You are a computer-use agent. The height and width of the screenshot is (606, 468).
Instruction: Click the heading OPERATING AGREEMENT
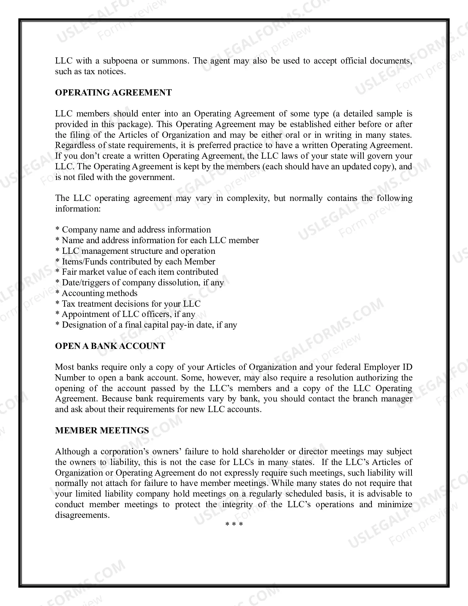coord(113,93)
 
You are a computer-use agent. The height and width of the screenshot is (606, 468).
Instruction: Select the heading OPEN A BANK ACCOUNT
coord(110,346)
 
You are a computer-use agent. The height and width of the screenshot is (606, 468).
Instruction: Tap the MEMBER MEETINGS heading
coord(102,430)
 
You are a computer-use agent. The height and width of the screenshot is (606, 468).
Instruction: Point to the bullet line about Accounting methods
coord(96,293)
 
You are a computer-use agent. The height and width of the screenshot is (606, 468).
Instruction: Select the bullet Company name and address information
coord(133,230)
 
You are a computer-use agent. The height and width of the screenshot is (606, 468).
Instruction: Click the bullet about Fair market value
coord(137,272)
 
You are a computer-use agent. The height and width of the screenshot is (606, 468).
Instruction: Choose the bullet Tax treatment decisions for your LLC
coord(128,304)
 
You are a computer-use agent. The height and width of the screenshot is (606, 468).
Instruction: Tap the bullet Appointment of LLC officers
coord(125,314)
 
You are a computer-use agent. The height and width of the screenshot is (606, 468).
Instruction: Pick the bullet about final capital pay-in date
coord(146,325)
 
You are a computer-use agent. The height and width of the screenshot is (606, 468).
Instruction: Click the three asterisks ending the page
coord(234,524)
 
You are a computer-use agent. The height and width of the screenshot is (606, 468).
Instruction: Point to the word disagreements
coord(82,515)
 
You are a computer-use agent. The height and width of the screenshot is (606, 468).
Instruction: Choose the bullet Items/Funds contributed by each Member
coord(135,261)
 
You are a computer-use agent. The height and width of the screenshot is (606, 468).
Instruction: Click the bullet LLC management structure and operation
coord(135,251)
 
